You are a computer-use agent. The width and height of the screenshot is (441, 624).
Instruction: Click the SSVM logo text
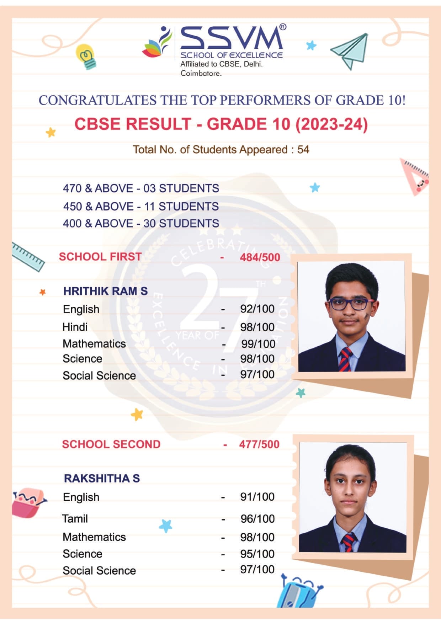click(x=232, y=38)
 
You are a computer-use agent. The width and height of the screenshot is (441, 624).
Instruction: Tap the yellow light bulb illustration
click(x=86, y=56)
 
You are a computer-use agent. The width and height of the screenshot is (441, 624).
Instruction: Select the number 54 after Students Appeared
click(x=303, y=150)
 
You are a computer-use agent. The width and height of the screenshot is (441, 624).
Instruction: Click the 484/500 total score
click(x=260, y=257)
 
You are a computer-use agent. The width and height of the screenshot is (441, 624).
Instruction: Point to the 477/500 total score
click(x=259, y=444)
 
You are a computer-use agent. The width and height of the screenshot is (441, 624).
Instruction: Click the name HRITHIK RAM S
click(x=105, y=291)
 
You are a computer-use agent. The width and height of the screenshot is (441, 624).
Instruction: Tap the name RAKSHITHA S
click(x=102, y=479)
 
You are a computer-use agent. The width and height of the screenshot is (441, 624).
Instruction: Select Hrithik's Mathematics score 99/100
click(x=258, y=344)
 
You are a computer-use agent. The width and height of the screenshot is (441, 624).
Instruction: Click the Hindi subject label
click(x=75, y=327)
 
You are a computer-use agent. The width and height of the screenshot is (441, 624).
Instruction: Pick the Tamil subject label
click(x=75, y=519)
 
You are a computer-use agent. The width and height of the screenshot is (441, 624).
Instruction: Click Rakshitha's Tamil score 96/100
click(x=257, y=519)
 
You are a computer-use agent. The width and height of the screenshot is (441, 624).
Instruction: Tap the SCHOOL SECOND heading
click(x=111, y=444)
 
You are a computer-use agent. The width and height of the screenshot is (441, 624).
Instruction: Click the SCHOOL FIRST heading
click(x=100, y=257)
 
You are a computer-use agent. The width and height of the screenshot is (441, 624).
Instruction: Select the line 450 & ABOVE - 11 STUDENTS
click(x=141, y=206)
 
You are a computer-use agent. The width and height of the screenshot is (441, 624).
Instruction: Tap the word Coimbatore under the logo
click(x=201, y=74)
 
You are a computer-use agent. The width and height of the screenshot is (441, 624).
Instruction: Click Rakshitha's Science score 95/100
click(x=257, y=554)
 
